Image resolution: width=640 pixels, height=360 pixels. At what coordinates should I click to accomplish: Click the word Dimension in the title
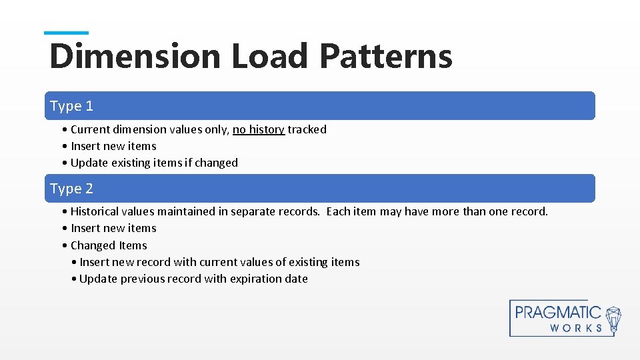click(135, 56)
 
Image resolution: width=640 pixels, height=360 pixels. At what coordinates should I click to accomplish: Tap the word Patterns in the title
click(386, 56)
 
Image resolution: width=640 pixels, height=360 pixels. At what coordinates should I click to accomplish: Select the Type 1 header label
click(72, 106)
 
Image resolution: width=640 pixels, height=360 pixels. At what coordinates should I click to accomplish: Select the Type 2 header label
click(72, 189)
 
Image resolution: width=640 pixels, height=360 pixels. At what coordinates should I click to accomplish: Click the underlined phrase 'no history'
click(259, 129)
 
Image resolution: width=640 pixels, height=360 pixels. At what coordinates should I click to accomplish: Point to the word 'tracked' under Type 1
click(307, 129)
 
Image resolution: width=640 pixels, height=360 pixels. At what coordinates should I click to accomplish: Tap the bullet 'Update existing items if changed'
click(154, 163)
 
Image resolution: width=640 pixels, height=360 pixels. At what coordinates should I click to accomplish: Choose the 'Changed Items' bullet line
click(109, 245)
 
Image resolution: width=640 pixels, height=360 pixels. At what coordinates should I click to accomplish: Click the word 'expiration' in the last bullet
click(256, 279)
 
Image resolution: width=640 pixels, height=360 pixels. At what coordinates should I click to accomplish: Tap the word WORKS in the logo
click(577, 328)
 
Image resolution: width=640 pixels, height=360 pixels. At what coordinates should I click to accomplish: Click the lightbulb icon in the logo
click(613, 318)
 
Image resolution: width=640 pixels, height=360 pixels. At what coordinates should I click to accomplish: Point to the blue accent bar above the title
click(66, 33)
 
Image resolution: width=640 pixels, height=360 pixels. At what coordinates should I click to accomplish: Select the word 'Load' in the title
click(270, 56)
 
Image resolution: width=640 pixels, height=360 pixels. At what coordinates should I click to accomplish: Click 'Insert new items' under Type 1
click(113, 146)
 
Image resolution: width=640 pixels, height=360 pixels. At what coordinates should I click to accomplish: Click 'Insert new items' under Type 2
click(113, 228)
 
